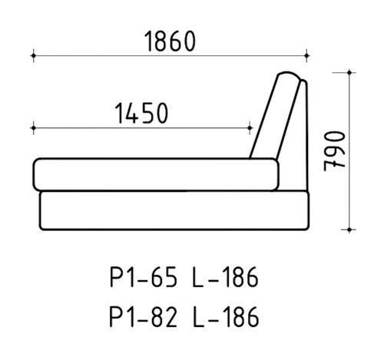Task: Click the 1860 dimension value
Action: point(170,41)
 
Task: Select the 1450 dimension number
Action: point(141,113)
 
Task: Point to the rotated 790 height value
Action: point(334,150)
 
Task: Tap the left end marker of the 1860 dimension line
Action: point(33,55)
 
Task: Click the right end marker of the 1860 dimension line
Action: point(306,55)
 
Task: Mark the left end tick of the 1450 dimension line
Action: point(33,127)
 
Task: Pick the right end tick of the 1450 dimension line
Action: point(250,127)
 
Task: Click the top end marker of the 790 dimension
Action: point(349,73)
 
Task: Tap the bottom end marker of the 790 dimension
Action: point(349,230)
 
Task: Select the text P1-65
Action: point(144,277)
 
